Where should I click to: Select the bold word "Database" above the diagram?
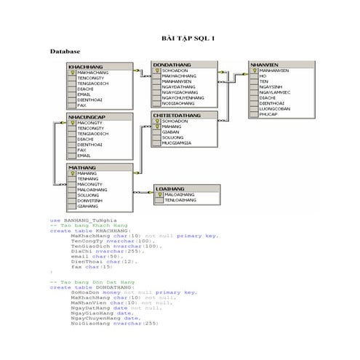pos(65,53)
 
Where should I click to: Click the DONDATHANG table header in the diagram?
pos(172,65)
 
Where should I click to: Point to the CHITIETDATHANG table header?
pos(177,114)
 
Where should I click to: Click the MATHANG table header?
pos(81,167)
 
